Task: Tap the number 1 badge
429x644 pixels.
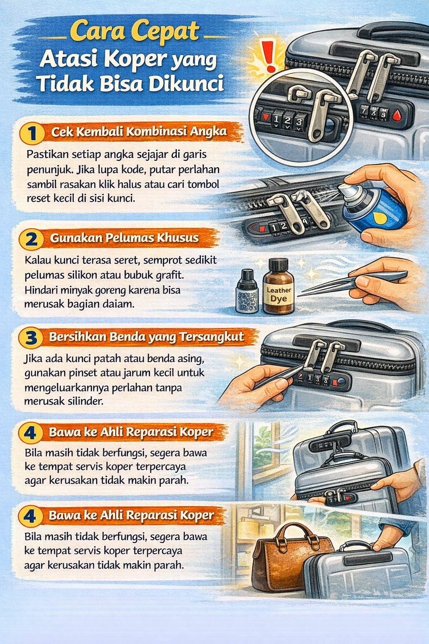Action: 32,133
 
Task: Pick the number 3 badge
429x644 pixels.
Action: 31,338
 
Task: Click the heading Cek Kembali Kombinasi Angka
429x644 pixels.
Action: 139,132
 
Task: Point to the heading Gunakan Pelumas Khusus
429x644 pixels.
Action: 124,238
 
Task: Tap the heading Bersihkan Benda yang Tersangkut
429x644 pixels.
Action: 146,337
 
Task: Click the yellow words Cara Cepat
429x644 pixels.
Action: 134,32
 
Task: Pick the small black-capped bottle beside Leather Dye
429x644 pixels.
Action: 247,292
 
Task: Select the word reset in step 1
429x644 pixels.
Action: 39,198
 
